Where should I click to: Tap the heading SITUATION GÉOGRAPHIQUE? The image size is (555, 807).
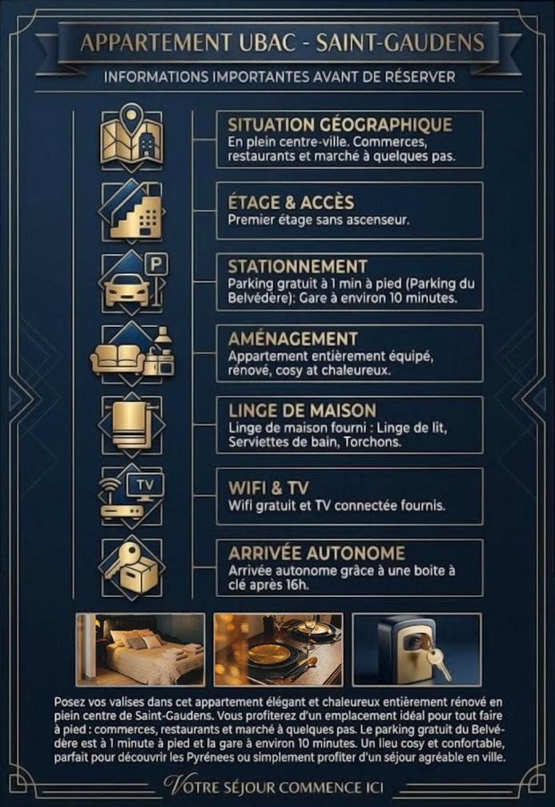pyautogui.click(x=340, y=124)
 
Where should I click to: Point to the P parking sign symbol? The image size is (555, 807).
pyautogui.click(x=156, y=265)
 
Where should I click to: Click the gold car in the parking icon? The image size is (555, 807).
pyautogui.click(x=124, y=290)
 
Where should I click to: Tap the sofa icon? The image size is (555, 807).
pyautogui.click(x=118, y=358)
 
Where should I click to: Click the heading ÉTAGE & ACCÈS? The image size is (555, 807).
pyautogui.click(x=292, y=203)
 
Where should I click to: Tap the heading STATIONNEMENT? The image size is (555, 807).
pyautogui.click(x=298, y=267)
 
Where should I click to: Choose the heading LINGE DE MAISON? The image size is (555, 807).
pyautogui.click(x=303, y=410)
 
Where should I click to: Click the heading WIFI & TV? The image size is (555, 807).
pyautogui.click(x=268, y=488)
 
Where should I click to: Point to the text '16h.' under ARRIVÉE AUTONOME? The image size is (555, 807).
pyautogui.click(x=298, y=585)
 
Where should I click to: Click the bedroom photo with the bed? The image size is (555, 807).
pyautogui.click(x=140, y=649)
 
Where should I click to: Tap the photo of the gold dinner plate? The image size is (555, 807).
pyautogui.click(x=278, y=649)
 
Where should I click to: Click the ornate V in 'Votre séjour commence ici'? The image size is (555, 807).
pyautogui.click(x=173, y=785)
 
